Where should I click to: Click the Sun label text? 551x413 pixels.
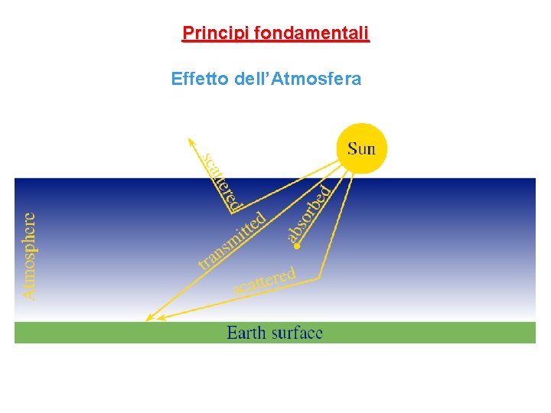(362, 148)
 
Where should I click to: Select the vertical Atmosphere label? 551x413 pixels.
(28, 255)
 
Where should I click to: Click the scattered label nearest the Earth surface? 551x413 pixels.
(264, 281)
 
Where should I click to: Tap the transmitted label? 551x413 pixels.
(232, 239)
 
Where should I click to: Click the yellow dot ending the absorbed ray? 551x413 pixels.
(297, 246)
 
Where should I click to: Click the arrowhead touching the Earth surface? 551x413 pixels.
(148, 318)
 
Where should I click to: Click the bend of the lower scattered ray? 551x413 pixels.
(318, 277)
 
